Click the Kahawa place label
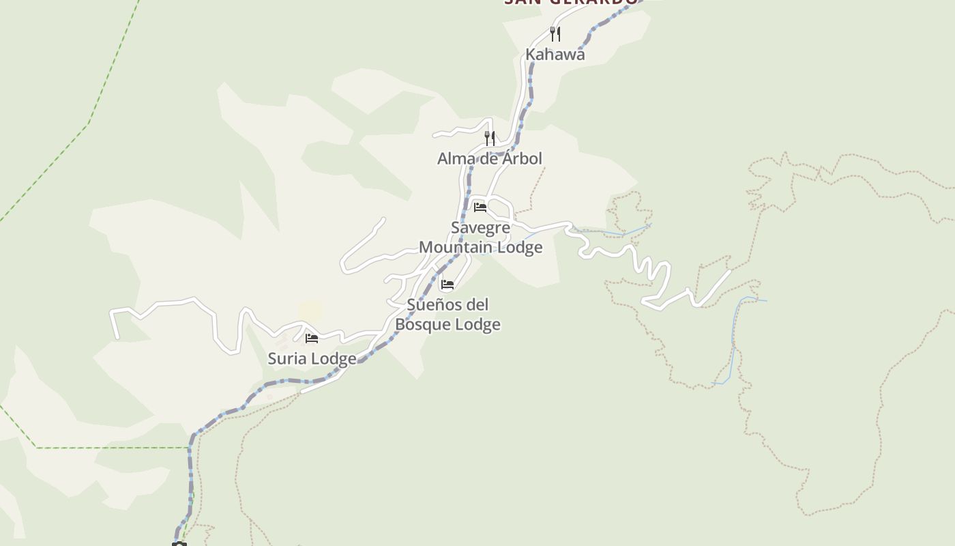(555, 55)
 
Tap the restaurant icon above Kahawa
(555, 33)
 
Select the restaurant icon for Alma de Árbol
(490, 138)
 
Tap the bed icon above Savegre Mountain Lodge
(480, 207)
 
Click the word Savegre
(480, 227)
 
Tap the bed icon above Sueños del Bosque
(447, 284)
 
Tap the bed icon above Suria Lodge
(312, 338)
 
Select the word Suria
(287, 358)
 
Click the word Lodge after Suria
(333, 358)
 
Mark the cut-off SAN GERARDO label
(571, 2)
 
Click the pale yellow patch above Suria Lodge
(310, 311)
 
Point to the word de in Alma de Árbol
(486, 158)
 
